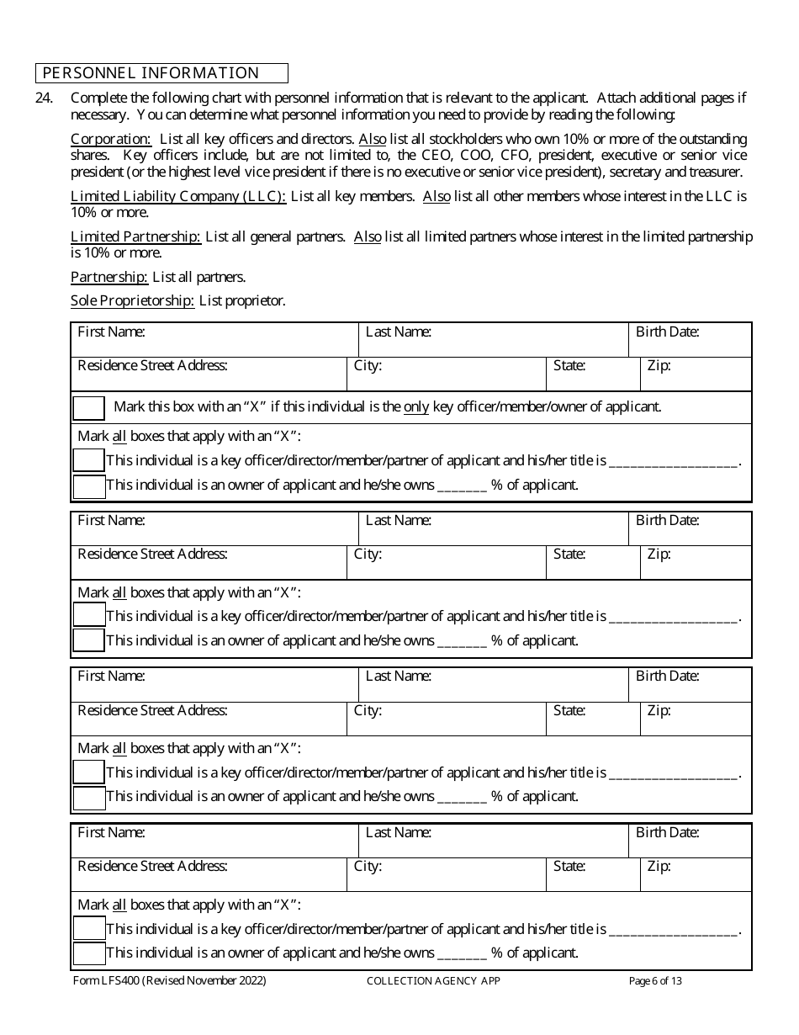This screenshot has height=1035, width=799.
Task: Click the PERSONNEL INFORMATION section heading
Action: (151, 73)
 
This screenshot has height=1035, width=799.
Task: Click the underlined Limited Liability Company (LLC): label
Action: (178, 196)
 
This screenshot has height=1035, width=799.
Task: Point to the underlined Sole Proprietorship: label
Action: (133, 300)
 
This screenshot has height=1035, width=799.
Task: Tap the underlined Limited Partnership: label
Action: (135, 236)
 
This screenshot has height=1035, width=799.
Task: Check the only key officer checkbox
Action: (89, 408)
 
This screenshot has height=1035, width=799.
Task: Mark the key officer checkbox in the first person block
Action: (89, 460)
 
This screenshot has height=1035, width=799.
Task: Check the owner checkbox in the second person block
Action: (89, 640)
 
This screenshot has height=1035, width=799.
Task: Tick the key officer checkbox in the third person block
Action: (89, 772)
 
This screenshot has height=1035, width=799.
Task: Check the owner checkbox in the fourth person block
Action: (89, 953)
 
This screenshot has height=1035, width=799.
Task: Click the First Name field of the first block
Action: (214, 339)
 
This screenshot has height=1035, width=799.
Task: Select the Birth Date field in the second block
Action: (690, 528)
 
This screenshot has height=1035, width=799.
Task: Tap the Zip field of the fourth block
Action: (696, 875)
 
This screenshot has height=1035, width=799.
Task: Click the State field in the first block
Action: (593, 374)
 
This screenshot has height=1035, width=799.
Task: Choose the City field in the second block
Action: (446, 563)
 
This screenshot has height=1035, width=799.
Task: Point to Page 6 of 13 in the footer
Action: (655, 980)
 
